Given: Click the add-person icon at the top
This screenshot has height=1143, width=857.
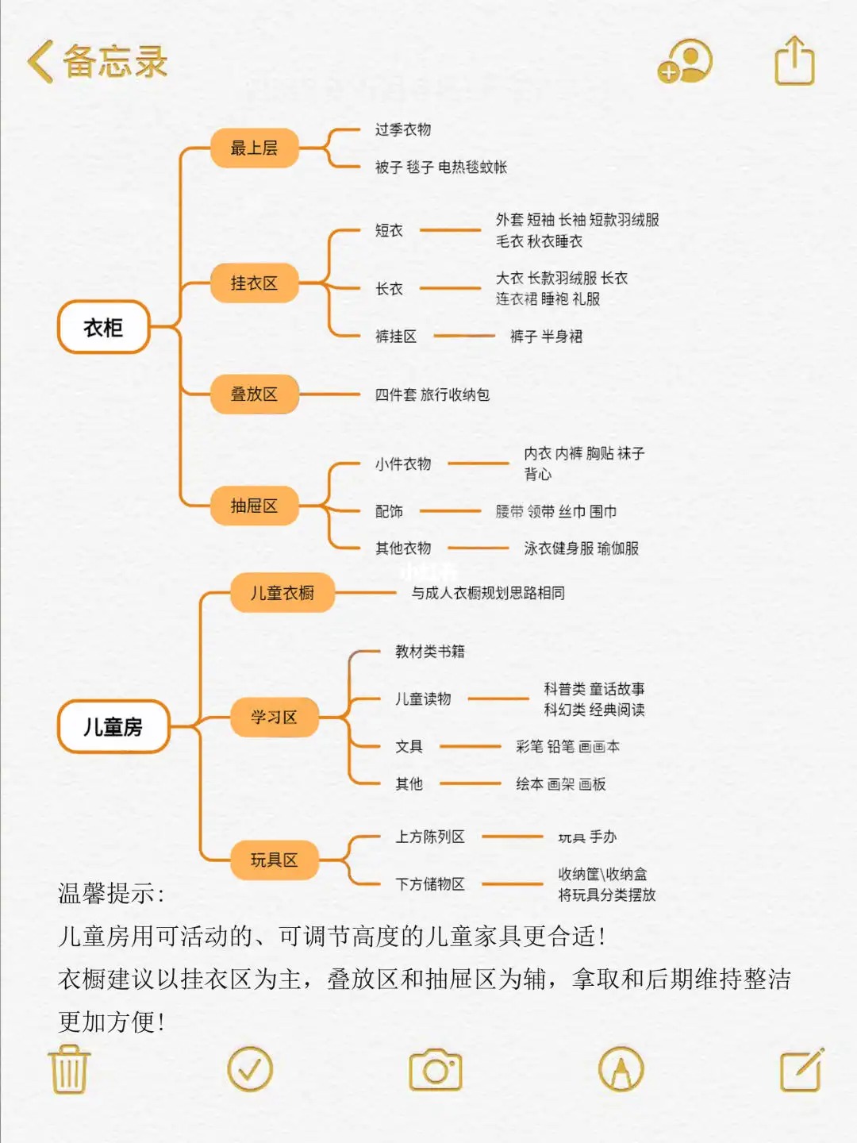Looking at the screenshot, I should (x=685, y=62).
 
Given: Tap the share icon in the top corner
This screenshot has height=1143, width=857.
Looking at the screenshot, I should (x=794, y=60).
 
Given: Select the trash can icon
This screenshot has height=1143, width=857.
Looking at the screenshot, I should (x=70, y=1069).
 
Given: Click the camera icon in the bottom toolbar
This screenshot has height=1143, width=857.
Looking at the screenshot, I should (x=435, y=1070).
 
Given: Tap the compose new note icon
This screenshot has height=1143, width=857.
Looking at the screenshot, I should (x=801, y=1070).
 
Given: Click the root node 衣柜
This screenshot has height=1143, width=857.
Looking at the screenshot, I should (x=104, y=327).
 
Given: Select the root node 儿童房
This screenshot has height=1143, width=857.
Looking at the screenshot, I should (x=113, y=726).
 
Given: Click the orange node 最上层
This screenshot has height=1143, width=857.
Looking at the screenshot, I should (x=254, y=148).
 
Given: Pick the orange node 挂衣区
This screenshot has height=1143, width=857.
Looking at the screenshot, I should (x=254, y=283).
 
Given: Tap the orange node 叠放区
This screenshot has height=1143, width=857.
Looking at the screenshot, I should (x=254, y=394).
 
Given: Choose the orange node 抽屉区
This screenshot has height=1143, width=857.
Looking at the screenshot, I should (x=254, y=506).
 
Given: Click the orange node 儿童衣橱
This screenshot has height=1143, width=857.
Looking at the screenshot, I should (x=282, y=593).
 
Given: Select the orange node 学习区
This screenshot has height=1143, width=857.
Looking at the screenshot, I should (x=274, y=718).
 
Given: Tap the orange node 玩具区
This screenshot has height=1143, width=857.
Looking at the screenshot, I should (x=274, y=860).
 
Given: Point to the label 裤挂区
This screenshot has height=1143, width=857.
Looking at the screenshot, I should (x=395, y=337).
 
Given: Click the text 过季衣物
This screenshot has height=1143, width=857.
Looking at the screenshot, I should (x=403, y=129).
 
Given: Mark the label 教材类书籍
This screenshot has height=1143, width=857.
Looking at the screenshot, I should (x=430, y=652).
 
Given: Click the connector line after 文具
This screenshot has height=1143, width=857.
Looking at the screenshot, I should (x=470, y=747).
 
